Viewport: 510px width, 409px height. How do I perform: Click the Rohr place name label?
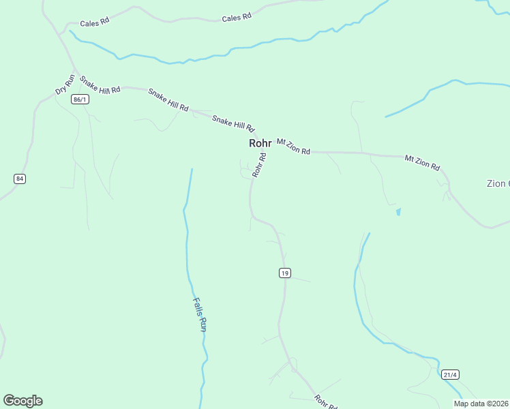coord(260,143)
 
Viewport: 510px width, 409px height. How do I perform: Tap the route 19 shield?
coord(285,273)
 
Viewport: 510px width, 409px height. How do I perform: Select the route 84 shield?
coord(19,179)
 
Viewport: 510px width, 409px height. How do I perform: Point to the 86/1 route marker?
coord(80,100)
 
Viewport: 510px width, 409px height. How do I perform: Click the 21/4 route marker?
coord(450,374)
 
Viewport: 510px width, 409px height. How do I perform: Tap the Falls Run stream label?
coord(199,314)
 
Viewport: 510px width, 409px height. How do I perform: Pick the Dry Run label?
coord(64,85)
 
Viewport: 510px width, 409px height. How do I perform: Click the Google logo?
coord(22,401)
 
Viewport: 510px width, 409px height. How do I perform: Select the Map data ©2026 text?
coord(481,404)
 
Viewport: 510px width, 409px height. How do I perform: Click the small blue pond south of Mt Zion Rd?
coord(398,212)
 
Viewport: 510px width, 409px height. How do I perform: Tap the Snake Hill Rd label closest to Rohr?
coord(233,123)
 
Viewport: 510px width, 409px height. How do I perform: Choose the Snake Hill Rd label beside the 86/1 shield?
coord(100,85)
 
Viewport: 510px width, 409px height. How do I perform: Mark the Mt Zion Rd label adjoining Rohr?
coord(293,146)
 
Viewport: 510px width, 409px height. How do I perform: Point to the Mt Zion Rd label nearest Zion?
coord(422,162)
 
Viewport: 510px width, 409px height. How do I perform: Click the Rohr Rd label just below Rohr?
coord(259,165)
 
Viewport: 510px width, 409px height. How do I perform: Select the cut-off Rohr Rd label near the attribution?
coord(326,402)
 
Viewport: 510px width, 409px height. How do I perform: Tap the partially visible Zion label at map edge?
coord(497,183)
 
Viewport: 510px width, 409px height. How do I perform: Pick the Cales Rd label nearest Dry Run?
coord(95,22)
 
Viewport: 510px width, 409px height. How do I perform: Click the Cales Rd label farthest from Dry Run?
coord(237,18)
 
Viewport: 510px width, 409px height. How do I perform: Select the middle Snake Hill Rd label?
coord(168,100)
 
